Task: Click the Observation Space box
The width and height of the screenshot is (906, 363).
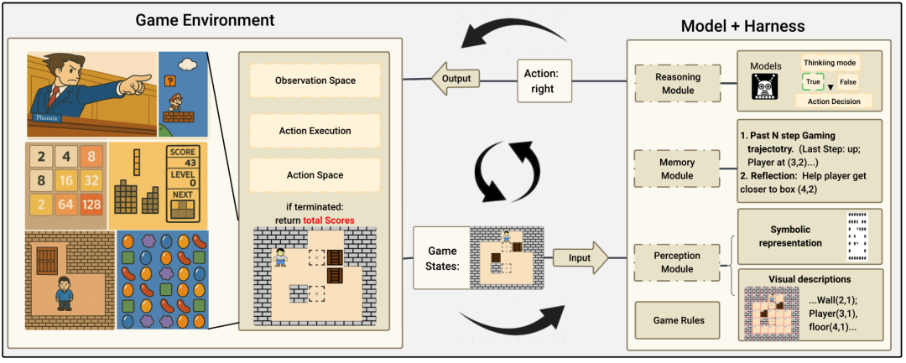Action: tap(315, 80)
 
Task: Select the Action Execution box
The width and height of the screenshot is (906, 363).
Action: tap(315, 131)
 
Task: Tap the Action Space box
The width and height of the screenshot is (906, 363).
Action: tap(315, 175)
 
